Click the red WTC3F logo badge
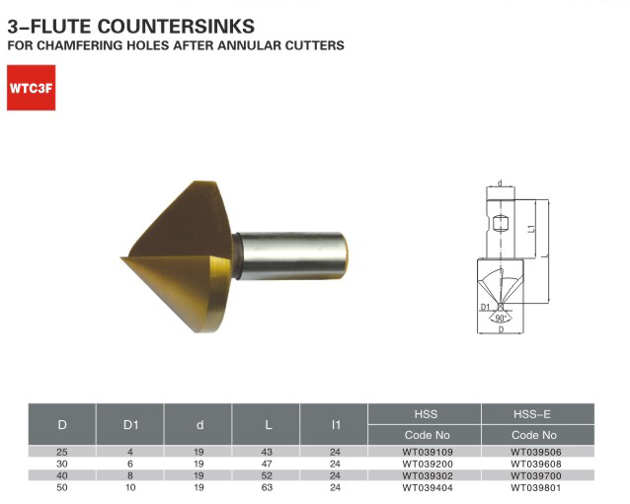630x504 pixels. [32, 88]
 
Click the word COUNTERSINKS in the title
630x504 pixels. [176, 27]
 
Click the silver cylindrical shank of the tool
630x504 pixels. [292, 255]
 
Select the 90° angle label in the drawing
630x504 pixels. [501, 319]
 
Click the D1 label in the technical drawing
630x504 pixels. [486, 307]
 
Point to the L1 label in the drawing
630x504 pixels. [531, 228]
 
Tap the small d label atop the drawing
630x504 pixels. [501, 183]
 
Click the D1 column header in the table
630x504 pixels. [130, 424]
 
